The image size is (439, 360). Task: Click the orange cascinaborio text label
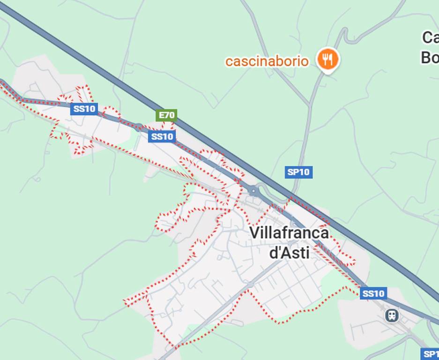tap(267, 61)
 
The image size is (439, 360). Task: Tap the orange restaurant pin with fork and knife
tap(328, 59)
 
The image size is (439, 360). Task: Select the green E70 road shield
tap(167, 115)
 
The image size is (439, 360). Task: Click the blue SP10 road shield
tap(298, 172)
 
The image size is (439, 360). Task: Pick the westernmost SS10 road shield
tap(84, 109)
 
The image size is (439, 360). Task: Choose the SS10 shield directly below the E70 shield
tap(162, 136)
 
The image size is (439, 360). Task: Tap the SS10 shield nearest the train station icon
tap(373, 293)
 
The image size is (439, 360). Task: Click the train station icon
tap(392, 315)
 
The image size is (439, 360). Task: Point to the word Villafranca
tap(289, 233)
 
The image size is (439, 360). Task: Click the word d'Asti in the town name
tap(289, 253)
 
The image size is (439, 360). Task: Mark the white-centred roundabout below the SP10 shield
tap(253, 190)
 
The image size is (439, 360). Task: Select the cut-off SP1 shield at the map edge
tap(430, 354)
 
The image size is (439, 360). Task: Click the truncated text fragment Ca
tap(430, 37)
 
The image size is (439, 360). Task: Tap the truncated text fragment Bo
tap(429, 57)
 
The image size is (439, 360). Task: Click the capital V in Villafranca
tap(253, 233)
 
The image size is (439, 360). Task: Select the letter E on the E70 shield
tap(162, 115)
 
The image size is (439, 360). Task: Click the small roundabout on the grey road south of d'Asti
tap(251, 285)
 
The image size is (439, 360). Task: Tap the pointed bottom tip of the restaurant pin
tap(328, 72)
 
